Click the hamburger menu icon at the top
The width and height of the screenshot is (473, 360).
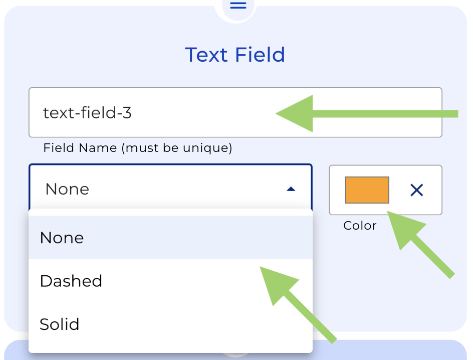(x=238, y=6)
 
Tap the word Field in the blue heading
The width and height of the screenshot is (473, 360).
(x=261, y=55)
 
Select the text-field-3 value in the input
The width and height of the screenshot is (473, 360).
(x=87, y=113)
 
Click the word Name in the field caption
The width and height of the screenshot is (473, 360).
(x=103, y=148)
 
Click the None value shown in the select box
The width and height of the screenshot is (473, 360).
(x=67, y=189)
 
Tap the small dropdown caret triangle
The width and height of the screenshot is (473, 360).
(x=291, y=189)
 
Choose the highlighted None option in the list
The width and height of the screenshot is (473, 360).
(x=62, y=238)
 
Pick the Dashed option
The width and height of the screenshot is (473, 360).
(x=71, y=281)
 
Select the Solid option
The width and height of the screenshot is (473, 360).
(x=60, y=324)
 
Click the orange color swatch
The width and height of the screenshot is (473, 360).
(x=367, y=190)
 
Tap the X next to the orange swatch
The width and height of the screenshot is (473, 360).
(x=417, y=190)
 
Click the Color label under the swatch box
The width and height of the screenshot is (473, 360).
(x=360, y=226)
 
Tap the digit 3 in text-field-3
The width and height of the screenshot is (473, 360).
(x=127, y=113)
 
